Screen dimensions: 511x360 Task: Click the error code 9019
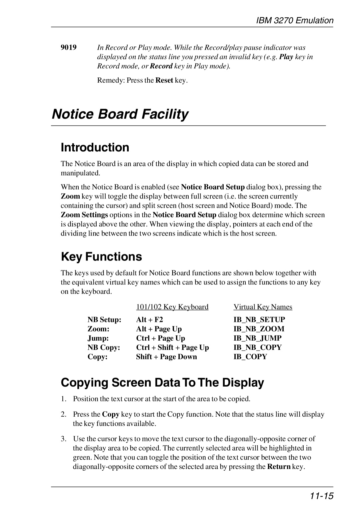pos(68,47)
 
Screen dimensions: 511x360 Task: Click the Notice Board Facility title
pos(120,114)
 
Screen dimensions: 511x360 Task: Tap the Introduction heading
pos(95,147)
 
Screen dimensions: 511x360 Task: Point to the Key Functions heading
pos(101,257)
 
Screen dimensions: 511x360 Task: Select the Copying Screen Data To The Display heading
pos(162,382)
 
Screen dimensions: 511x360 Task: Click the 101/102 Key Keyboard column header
pos(172,307)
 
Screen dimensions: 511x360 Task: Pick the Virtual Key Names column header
pos(263,307)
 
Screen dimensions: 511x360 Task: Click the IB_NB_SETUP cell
pos(259,320)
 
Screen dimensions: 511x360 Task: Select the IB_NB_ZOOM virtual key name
pos(259,329)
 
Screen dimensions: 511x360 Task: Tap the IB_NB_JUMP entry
pos(257,338)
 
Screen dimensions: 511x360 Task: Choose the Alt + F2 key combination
pos(149,320)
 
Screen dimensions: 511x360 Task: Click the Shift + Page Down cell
pos(166,357)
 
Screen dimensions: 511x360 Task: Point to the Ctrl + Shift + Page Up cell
pos(172,348)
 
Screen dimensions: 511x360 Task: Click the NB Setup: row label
pos(104,320)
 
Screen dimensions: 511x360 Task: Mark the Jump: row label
pos(98,338)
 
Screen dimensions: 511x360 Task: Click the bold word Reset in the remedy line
pos(164,80)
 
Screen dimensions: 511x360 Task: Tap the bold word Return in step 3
pos(279,467)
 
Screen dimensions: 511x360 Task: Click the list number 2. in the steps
pos(63,414)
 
